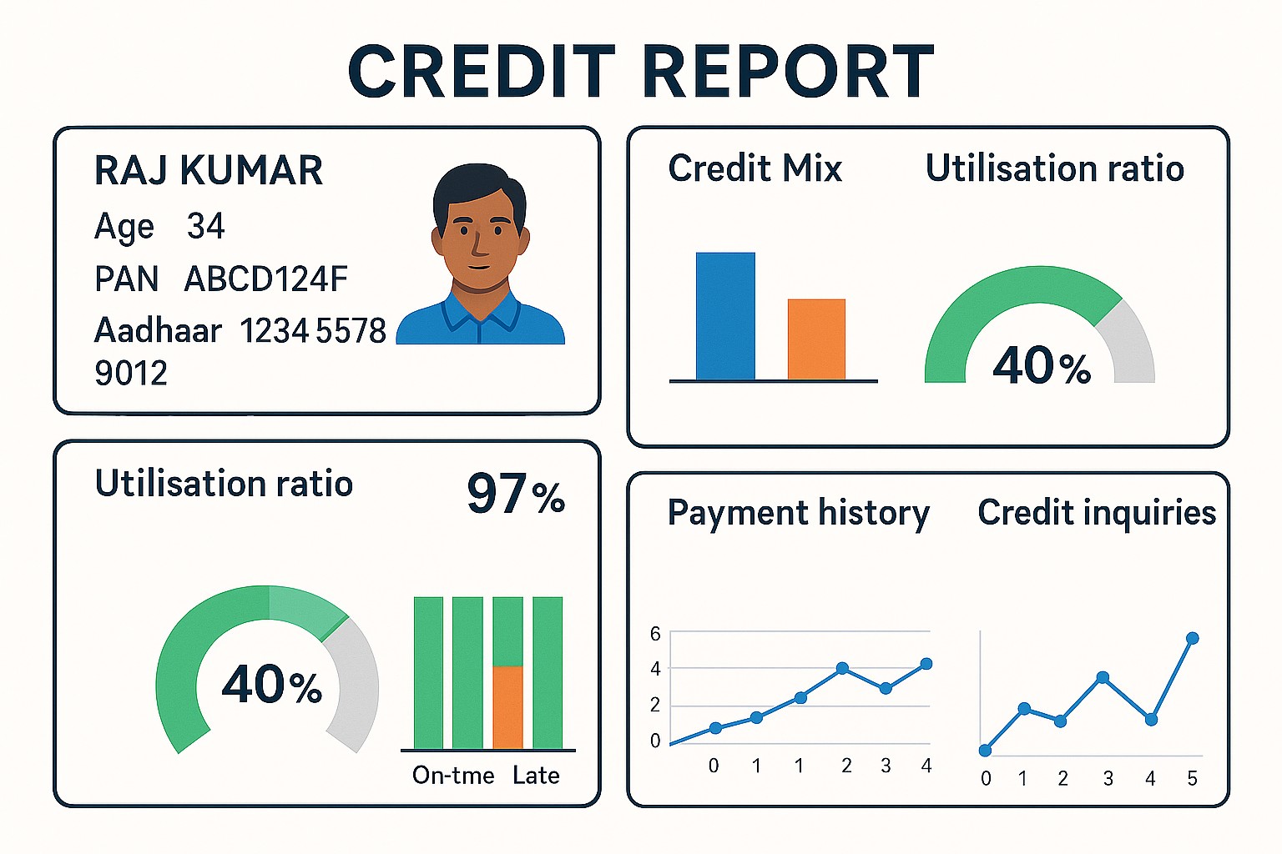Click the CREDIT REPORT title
click(x=641, y=72)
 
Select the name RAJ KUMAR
click(x=209, y=170)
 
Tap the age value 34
click(x=205, y=225)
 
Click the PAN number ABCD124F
click(x=265, y=279)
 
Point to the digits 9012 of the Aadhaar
click(x=131, y=373)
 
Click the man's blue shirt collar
click(x=481, y=312)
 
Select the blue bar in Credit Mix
click(x=725, y=316)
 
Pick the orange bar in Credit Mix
click(x=816, y=339)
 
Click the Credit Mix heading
click(x=755, y=168)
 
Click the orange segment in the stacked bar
click(x=507, y=707)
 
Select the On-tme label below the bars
click(x=453, y=776)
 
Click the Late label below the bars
click(x=536, y=776)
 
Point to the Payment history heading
click(x=799, y=513)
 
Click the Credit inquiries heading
click(x=1097, y=512)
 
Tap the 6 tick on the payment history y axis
click(x=655, y=634)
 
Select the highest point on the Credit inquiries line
click(x=1193, y=638)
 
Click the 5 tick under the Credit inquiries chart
click(x=1192, y=778)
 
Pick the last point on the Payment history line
click(x=926, y=664)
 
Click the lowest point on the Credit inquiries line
click(x=985, y=751)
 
